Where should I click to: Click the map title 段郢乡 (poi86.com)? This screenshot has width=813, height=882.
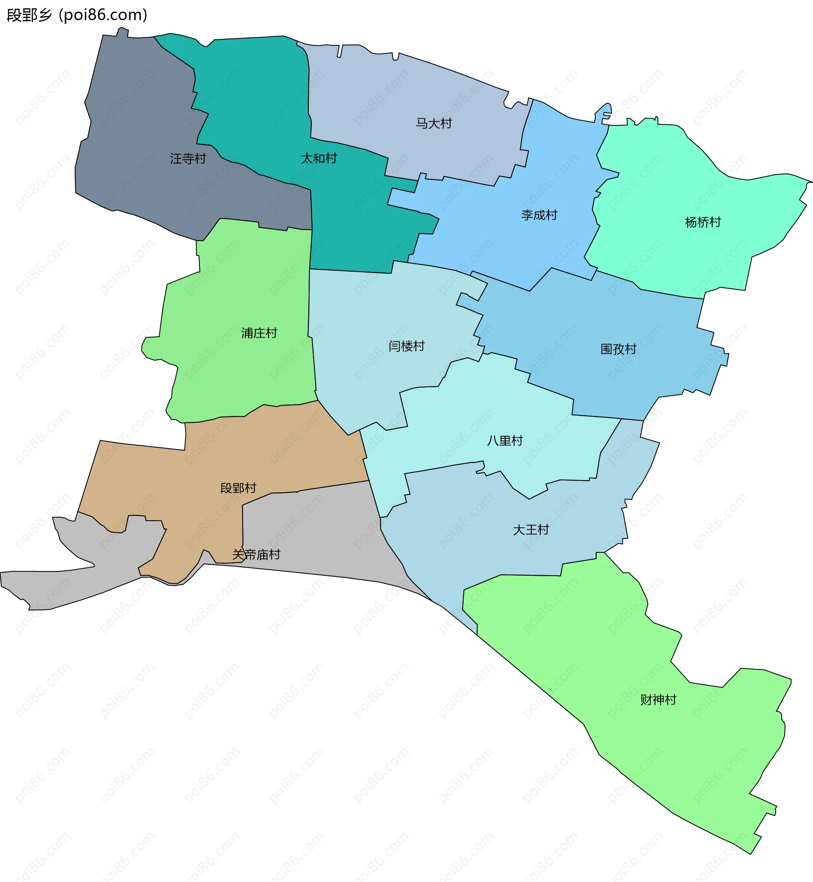point(77,15)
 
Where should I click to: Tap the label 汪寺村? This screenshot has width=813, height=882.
point(188,158)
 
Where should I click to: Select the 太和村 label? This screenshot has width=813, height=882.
point(318,158)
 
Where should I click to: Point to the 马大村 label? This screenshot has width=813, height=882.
point(434,123)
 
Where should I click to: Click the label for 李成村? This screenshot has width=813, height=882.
point(539,215)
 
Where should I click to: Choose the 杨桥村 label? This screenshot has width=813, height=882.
point(702,222)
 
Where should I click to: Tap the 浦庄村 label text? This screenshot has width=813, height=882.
point(259,333)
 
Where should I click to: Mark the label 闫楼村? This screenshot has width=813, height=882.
point(406,346)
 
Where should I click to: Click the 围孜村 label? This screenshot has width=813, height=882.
point(618,349)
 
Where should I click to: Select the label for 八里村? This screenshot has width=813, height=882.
point(505,441)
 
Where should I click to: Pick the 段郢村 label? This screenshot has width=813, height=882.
point(238,488)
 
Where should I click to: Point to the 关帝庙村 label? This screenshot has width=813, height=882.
point(256,555)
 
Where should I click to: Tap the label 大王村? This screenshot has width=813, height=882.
point(531,530)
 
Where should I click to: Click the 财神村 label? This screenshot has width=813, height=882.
point(658,700)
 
